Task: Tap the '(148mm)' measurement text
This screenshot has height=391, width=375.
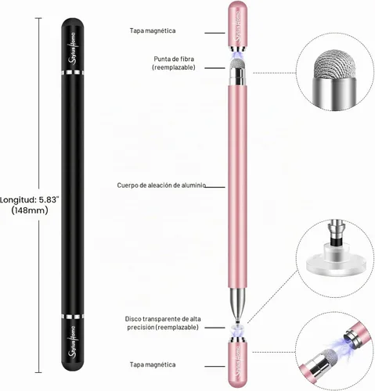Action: click(x=30, y=210)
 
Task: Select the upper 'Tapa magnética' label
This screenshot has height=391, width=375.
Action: click(x=153, y=30)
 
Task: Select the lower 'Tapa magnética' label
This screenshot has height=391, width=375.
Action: click(x=153, y=364)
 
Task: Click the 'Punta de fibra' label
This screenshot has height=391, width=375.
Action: click(x=174, y=59)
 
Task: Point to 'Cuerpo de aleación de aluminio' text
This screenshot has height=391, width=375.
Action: click(x=161, y=185)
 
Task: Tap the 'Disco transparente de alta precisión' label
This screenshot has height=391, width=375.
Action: click(x=163, y=323)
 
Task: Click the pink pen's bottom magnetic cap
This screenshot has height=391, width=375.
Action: click(x=237, y=364)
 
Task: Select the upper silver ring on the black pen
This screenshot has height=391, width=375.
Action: click(x=73, y=73)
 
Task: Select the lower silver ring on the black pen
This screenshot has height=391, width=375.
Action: click(x=73, y=317)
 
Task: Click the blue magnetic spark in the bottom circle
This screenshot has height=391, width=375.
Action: click(x=337, y=346)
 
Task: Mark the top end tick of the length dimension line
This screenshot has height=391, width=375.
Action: click(x=38, y=18)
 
